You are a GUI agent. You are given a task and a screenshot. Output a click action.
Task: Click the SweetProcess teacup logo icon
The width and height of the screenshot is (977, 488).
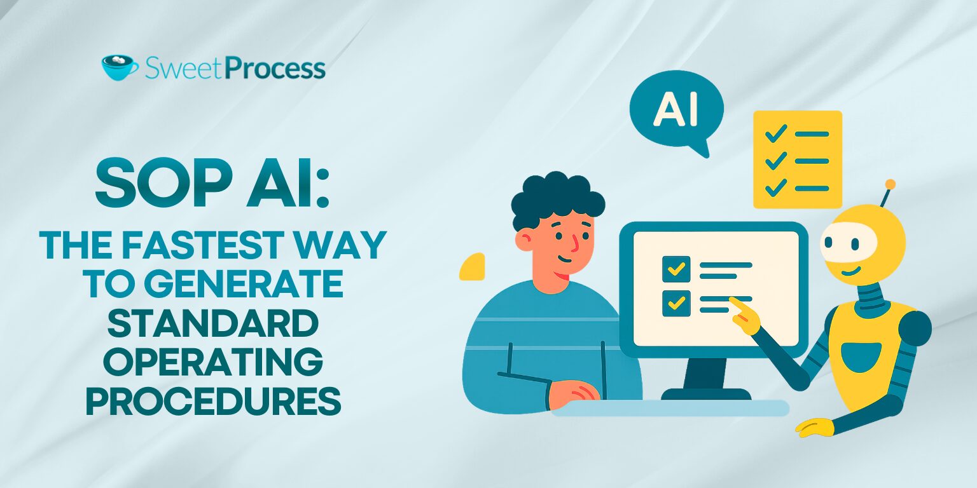click(x=120, y=67)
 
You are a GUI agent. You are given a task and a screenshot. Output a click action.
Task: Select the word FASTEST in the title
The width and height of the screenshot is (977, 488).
click(x=204, y=245)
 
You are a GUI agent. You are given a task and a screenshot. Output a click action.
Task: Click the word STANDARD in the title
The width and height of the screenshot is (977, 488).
click(x=213, y=323)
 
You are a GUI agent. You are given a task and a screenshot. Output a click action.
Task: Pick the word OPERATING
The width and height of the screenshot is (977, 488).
click(x=213, y=363)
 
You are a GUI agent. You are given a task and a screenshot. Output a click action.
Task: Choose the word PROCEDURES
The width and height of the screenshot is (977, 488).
click(x=213, y=402)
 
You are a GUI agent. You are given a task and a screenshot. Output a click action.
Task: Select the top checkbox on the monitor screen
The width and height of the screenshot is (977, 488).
click(x=676, y=269)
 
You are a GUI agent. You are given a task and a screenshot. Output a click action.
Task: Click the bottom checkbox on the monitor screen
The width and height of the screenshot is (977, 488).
click(x=676, y=302)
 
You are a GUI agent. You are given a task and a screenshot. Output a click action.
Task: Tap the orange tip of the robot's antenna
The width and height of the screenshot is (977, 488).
click(x=890, y=184)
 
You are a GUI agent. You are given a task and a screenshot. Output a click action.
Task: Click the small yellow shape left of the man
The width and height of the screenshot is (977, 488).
click(x=473, y=267)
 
